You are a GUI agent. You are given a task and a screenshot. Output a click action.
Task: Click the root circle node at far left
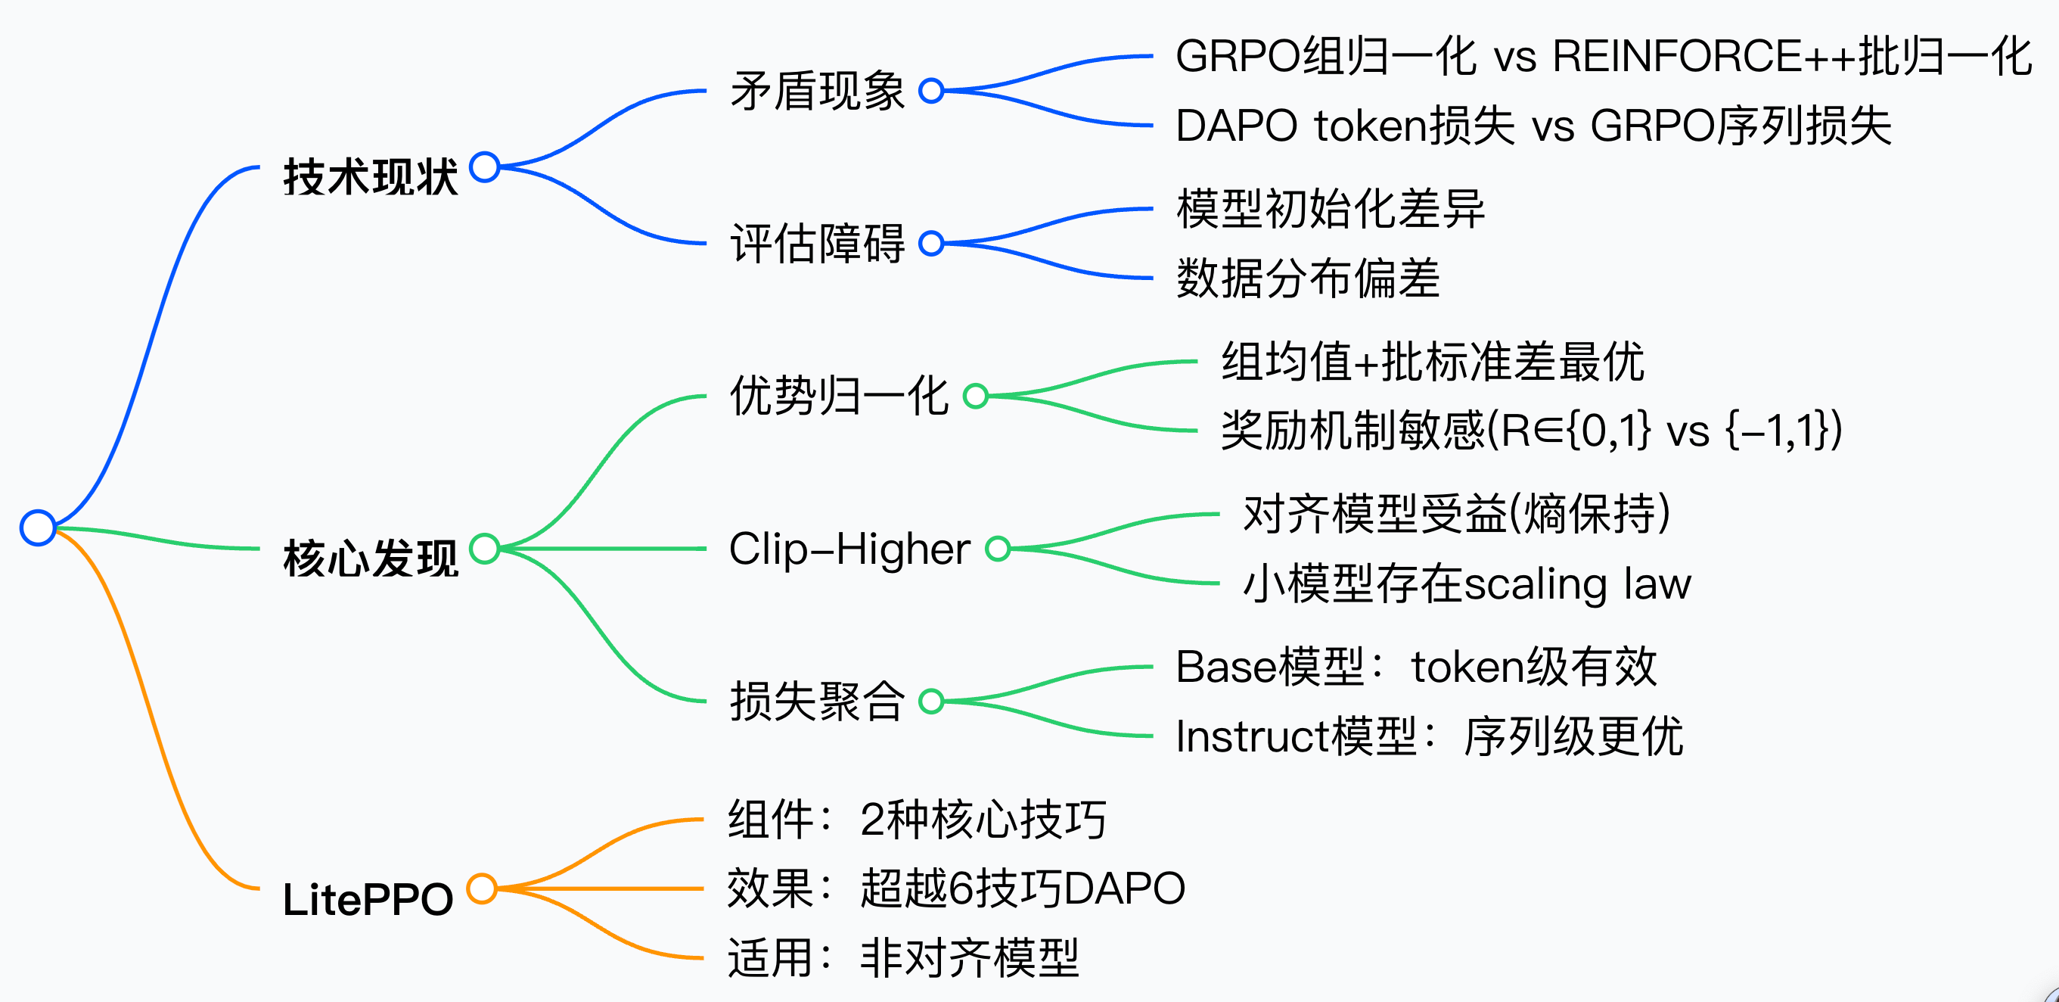(38, 527)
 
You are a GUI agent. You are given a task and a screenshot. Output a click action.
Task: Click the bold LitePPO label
(368, 899)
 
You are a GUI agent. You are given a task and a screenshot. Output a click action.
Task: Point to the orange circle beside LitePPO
(482, 888)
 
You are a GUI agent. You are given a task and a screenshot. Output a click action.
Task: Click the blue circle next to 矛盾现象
(931, 91)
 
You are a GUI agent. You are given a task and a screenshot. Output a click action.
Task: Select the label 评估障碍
(817, 244)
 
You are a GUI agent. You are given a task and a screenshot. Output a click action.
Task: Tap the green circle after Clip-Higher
(998, 549)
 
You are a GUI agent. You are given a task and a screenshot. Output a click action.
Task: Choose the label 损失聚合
(817, 702)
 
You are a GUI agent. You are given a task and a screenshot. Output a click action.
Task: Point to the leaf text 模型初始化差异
(1330, 210)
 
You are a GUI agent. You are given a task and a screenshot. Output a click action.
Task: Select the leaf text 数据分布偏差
(1308, 279)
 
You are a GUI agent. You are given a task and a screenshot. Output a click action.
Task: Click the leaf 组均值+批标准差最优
(1433, 362)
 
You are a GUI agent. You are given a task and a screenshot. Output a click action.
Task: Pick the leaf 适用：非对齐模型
(903, 958)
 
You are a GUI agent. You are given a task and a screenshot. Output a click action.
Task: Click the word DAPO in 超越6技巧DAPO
(1124, 888)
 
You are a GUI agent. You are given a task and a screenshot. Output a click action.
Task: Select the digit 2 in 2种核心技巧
(872, 820)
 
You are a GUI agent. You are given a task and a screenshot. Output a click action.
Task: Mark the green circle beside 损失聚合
(931, 702)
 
